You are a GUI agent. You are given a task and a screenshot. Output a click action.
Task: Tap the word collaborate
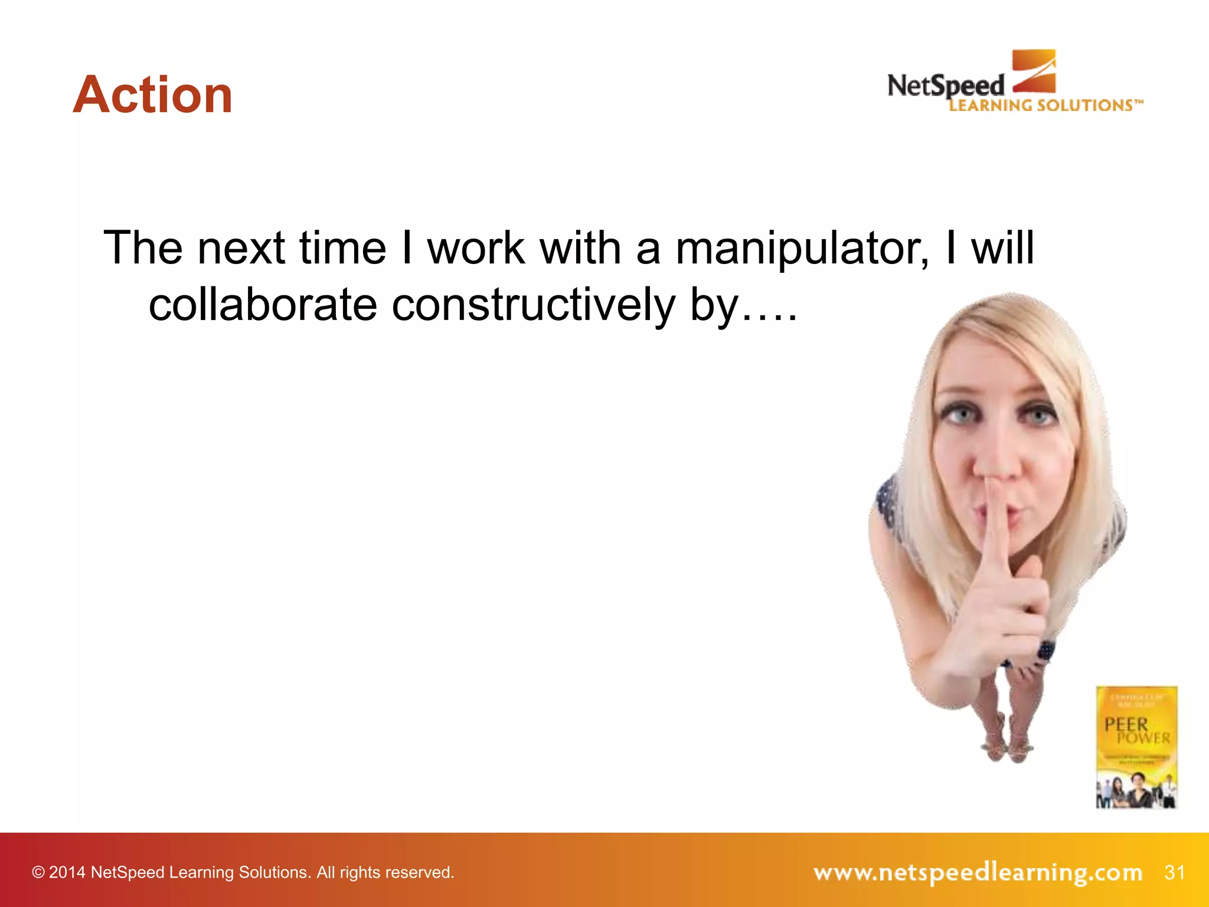tap(263, 305)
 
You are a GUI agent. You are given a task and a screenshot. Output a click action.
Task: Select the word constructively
tap(532, 305)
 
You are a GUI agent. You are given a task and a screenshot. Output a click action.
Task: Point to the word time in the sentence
tap(342, 247)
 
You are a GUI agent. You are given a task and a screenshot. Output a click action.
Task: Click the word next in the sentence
tap(241, 247)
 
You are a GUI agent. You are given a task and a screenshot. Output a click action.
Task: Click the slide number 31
tap(1174, 872)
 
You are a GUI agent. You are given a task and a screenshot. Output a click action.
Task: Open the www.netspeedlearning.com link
tap(978, 872)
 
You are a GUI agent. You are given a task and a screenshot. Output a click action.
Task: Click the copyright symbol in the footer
tap(38, 872)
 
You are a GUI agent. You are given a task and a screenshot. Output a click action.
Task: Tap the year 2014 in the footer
tap(67, 872)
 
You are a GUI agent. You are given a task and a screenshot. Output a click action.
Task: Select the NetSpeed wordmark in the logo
tap(945, 86)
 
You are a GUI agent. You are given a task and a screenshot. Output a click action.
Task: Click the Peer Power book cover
tap(1136, 746)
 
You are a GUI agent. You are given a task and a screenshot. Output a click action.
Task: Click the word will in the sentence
tap(1002, 247)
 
